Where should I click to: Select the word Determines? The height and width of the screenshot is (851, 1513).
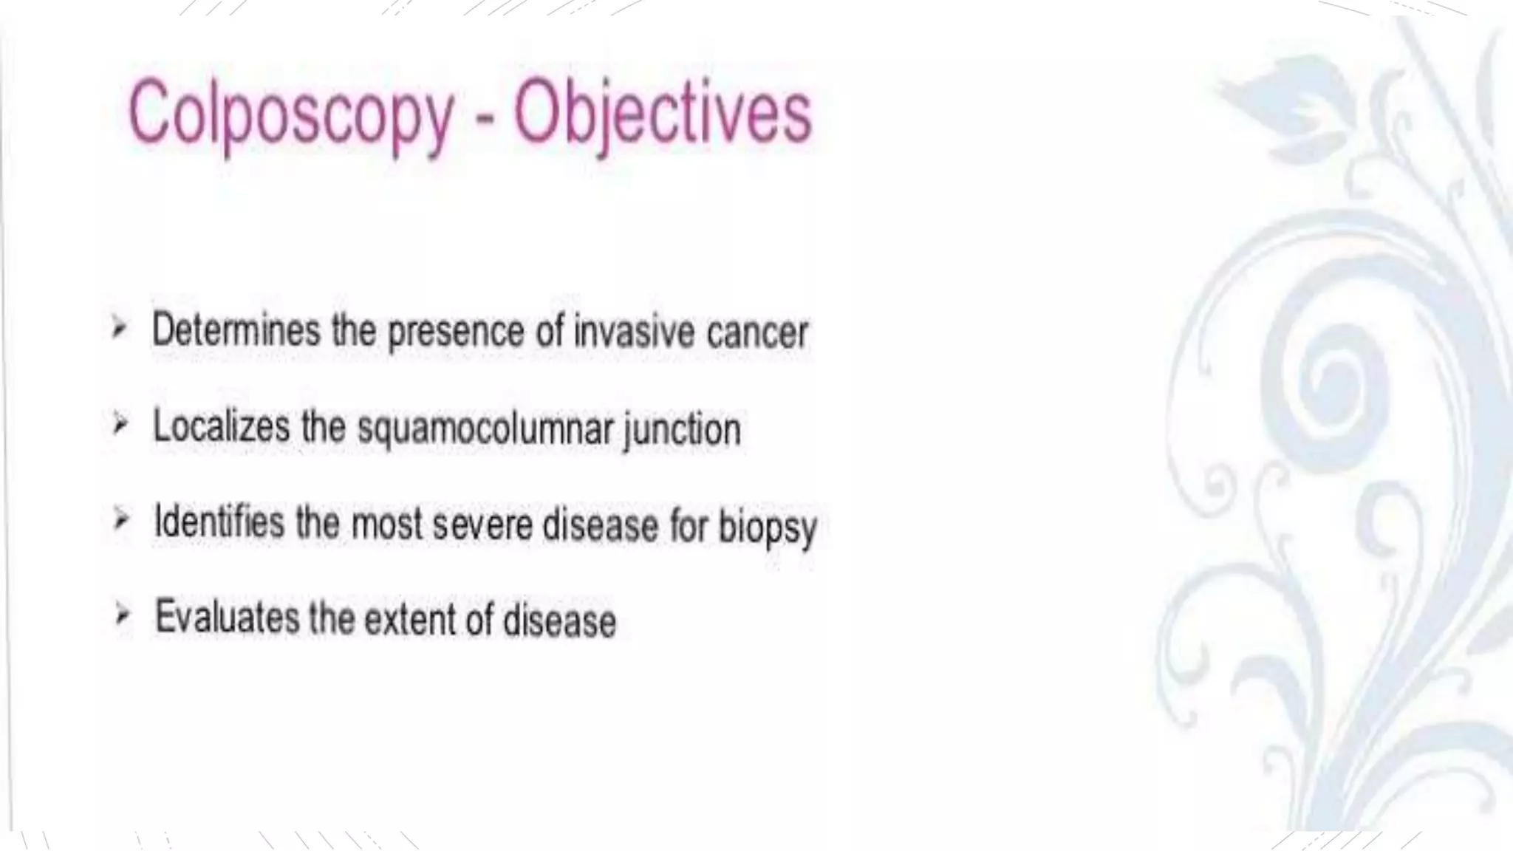pyautogui.click(x=236, y=329)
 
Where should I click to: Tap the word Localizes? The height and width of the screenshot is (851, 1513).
pyautogui.click(x=221, y=426)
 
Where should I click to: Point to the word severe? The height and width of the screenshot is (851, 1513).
pyautogui.click(x=482, y=525)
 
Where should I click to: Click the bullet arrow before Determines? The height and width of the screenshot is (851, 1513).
pyautogui.click(x=119, y=328)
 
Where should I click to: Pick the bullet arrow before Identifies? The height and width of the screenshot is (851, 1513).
pyautogui.click(x=121, y=520)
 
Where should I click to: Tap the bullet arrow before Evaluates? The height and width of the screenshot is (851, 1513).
pyautogui.click(x=123, y=615)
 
